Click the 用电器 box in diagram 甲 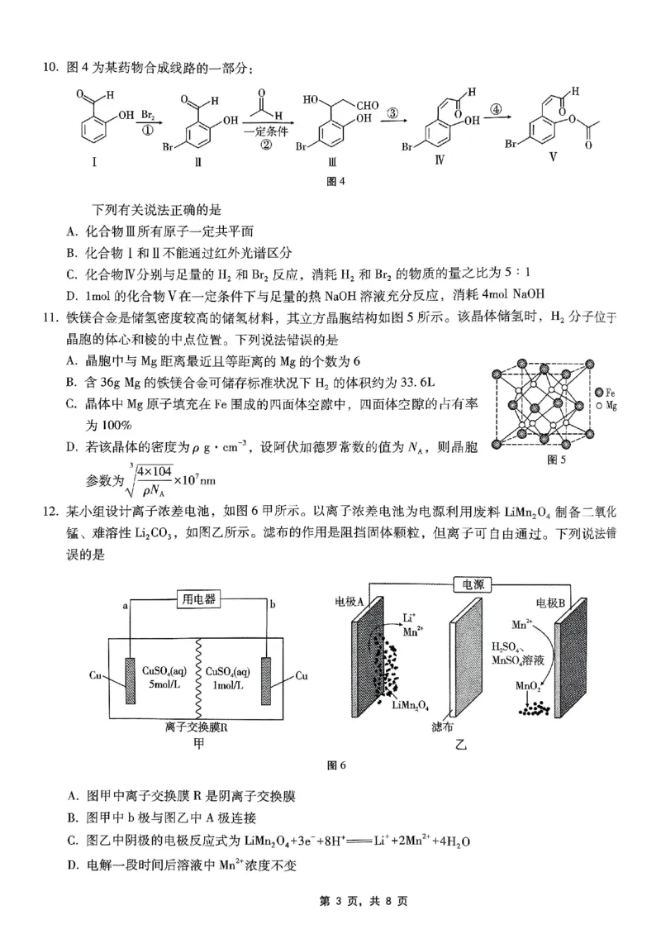pyautogui.click(x=199, y=599)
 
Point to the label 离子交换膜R pyautogui.click(x=199, y=727)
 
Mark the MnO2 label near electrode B pyautogui.click(x=529, y=685)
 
